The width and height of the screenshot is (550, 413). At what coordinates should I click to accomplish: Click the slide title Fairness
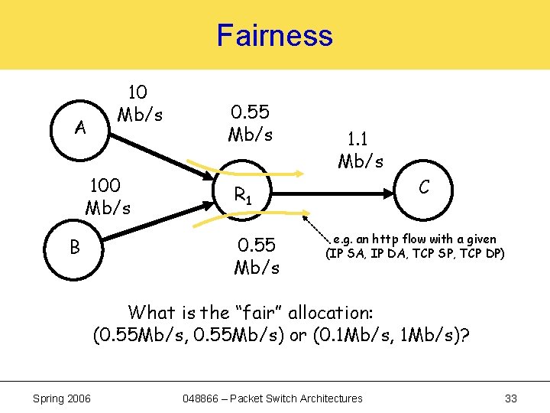274,35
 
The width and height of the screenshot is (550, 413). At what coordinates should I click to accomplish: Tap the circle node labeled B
75,247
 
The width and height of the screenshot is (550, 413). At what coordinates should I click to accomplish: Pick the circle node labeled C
423,187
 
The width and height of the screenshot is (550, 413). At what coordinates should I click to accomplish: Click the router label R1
244,197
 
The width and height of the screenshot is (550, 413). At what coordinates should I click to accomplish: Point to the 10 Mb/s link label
138,103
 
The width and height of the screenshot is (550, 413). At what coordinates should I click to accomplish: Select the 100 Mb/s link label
108,196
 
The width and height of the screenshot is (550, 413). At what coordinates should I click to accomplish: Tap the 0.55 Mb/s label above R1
250,122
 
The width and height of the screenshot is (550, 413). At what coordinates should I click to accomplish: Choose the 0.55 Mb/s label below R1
257,256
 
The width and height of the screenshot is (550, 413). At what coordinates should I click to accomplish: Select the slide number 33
511,398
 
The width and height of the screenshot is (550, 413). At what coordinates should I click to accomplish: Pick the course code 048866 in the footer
202,398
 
